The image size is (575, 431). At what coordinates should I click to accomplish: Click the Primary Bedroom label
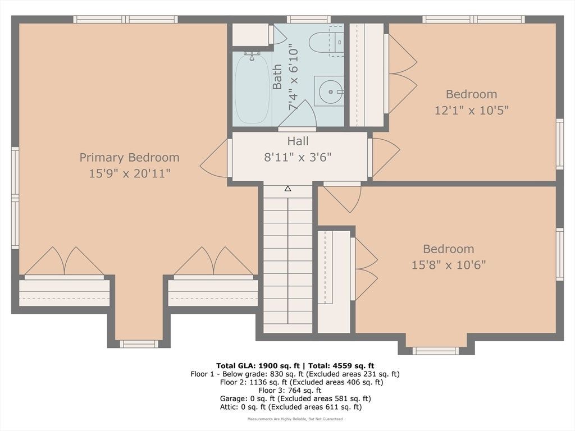(130, 158)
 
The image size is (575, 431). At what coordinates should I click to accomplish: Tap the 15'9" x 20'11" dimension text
(130, 173)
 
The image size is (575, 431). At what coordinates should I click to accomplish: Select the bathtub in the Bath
(252, 89)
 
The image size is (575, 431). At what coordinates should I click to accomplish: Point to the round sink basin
(330, 91)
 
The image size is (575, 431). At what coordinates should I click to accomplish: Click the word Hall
(298, 141)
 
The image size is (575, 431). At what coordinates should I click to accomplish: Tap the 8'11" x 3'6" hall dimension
(298, 157)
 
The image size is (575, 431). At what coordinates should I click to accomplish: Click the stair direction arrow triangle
(288, 189)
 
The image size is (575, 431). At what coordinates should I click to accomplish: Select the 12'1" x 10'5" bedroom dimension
(472, 110)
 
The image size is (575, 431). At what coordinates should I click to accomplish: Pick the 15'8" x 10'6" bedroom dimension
(449, 265)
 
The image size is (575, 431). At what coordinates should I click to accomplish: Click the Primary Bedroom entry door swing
(214, 159)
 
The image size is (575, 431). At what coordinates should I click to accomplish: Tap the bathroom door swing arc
(298, 114)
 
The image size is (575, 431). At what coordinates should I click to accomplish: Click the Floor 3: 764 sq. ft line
(290, 391)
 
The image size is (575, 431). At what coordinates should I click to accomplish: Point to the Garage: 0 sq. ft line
(295, 399)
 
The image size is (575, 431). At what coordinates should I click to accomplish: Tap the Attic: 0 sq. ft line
(291, 407)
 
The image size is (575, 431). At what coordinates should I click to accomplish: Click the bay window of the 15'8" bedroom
(436, 351)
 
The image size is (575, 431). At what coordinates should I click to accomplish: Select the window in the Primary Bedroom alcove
(139, 344)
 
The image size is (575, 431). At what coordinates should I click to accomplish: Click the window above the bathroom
(308, 20)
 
